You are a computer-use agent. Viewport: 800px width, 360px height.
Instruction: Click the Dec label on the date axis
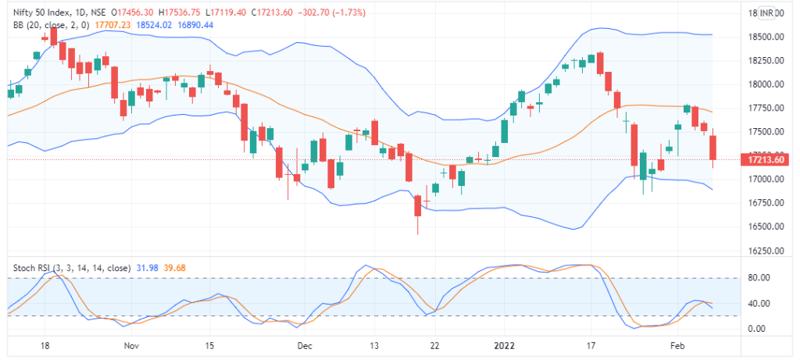click(305, 344)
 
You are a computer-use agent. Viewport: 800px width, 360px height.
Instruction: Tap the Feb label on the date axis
click(678, 344)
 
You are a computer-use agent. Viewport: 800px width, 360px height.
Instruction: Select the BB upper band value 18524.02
click(154, 25)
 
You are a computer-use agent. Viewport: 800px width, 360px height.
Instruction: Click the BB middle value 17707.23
click(112, 25)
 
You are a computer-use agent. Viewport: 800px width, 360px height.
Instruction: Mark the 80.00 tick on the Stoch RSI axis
click(760, 278)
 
